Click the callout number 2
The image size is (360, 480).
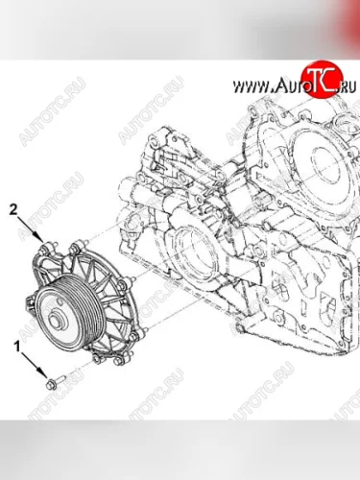point(13,210)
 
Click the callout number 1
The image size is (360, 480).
point(17,347)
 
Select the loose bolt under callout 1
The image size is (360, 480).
point(56,381)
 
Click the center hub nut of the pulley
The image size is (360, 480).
point(55,320)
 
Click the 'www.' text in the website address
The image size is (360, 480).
point(252,86)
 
